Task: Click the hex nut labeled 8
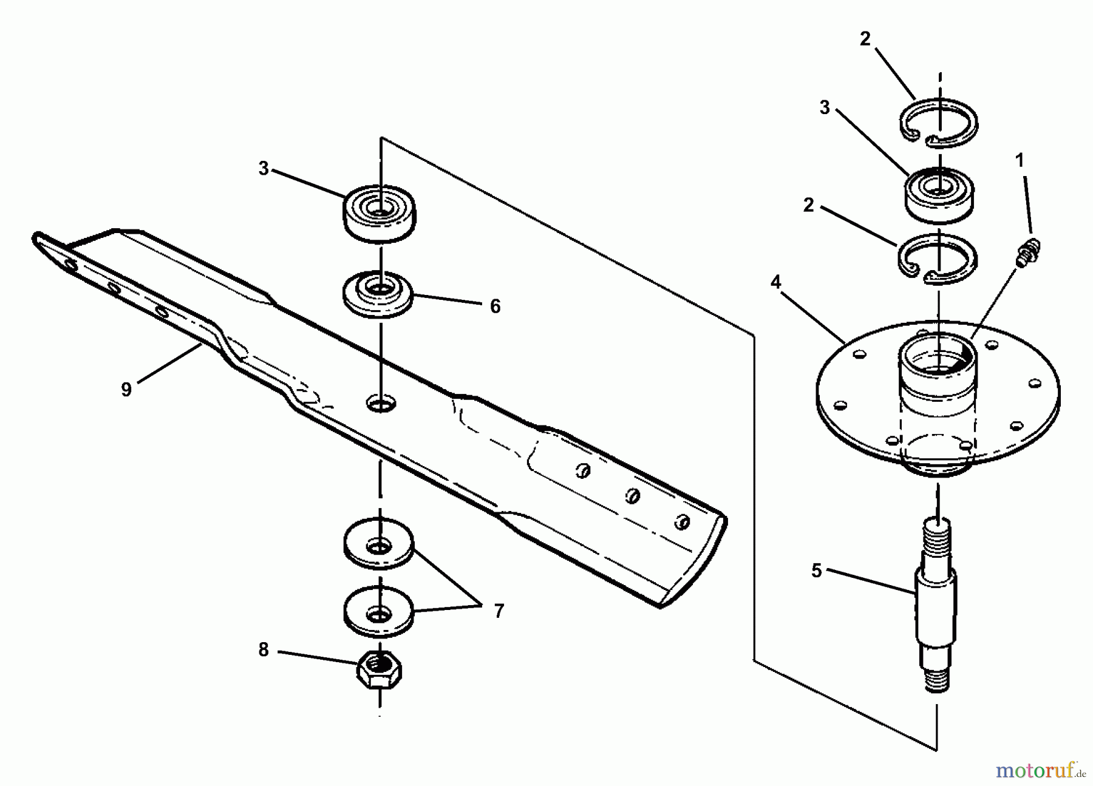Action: tap(378, 670)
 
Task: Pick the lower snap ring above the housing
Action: tap(938, 259)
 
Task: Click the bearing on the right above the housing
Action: tap(939, 194)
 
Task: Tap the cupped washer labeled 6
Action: tap(378, 293)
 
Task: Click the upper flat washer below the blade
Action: tap(378, 543)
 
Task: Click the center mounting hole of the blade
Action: tap(381, 402)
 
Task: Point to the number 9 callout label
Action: tap(126, 389)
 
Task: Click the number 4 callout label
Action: tap(776, 282)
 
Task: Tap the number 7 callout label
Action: tap(499, 611)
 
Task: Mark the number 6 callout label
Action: tap(495, 307)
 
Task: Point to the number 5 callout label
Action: tap(816, 571)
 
